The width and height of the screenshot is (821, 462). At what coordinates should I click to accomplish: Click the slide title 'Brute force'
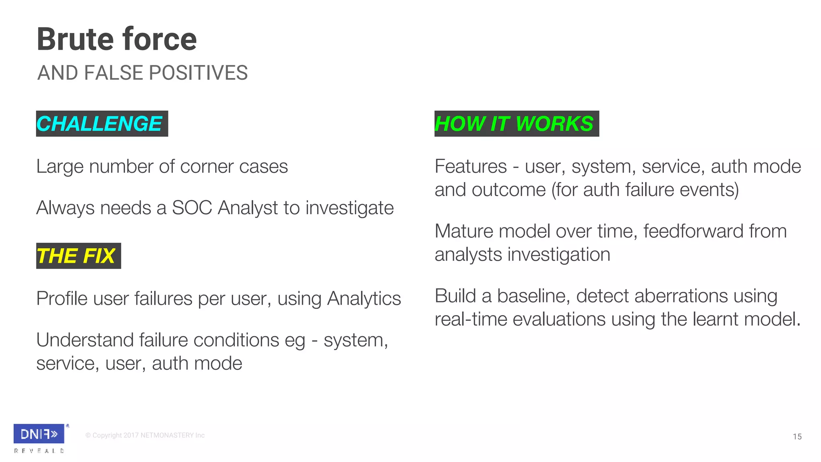(117, 39)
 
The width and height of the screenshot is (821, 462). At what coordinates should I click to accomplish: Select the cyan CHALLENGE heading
(99, 124)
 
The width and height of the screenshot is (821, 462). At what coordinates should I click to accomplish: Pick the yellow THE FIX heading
(76, 256)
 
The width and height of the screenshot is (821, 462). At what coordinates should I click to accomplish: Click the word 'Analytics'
(364, 299)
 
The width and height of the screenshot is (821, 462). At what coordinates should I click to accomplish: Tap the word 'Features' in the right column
(471, 167)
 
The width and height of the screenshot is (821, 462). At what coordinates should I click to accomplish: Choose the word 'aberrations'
(651, 296)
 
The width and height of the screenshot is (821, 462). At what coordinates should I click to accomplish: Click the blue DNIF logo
(39, 434)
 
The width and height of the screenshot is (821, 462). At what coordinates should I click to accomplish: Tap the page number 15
(797, 437)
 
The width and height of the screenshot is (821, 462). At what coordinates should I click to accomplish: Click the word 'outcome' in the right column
(508, 190)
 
